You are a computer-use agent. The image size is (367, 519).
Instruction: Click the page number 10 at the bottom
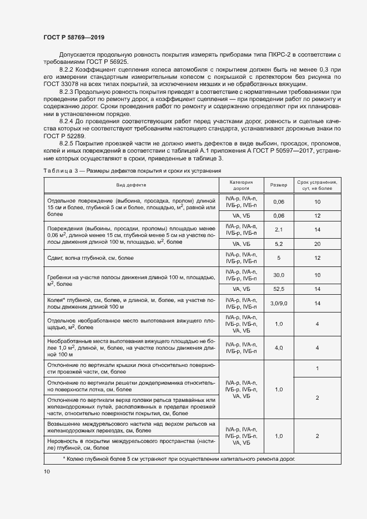click(47, 471)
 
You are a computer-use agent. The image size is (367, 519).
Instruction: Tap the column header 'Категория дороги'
click(242, 185)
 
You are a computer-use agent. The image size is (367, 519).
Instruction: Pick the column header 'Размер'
click(279, 185)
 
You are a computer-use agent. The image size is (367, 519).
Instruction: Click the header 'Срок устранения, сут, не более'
click(317, 185)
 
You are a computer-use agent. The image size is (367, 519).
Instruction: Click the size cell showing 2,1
click(279, 229)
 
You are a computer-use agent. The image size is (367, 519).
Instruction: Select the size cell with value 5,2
click(279, 244)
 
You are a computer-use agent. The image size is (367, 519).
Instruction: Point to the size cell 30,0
click(279, 275)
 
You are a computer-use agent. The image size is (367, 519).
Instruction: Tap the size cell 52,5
click(279, 289)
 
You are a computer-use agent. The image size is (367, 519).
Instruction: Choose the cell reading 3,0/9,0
click(279, 304)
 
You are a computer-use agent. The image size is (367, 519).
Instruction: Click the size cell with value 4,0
click(279, 347)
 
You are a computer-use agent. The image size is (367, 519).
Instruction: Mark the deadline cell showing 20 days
click(317, 244)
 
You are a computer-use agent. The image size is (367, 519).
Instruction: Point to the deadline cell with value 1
click(317, 369)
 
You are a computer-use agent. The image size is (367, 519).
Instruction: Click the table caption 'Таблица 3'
click(58, 170)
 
